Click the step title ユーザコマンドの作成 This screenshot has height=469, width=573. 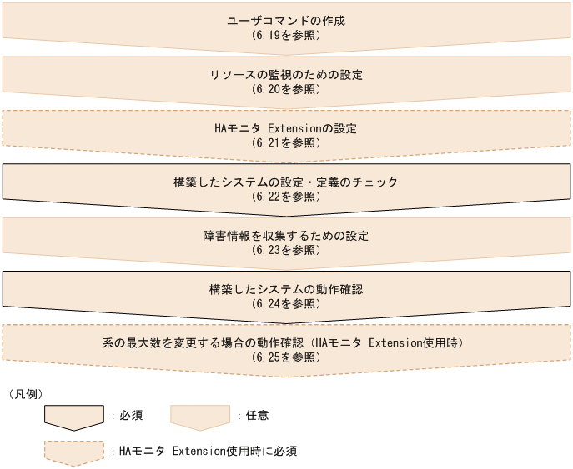286,21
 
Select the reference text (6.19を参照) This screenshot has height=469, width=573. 286,36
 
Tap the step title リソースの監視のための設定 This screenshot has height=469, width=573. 286,75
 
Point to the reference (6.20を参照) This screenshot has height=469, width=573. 286,89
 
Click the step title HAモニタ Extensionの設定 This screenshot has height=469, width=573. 286,128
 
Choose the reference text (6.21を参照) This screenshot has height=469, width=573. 286,143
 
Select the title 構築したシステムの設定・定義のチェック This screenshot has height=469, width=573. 286,182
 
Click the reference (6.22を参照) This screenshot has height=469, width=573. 286,197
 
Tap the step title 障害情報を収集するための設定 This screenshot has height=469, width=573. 286,236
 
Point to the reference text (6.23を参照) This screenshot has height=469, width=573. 286,250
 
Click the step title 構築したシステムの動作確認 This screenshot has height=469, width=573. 286,290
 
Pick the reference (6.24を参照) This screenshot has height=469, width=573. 286,304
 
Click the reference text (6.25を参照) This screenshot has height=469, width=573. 286,357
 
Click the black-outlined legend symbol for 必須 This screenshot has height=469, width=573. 75,417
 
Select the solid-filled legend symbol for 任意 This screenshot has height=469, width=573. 200,417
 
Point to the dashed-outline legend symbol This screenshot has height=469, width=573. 75,452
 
